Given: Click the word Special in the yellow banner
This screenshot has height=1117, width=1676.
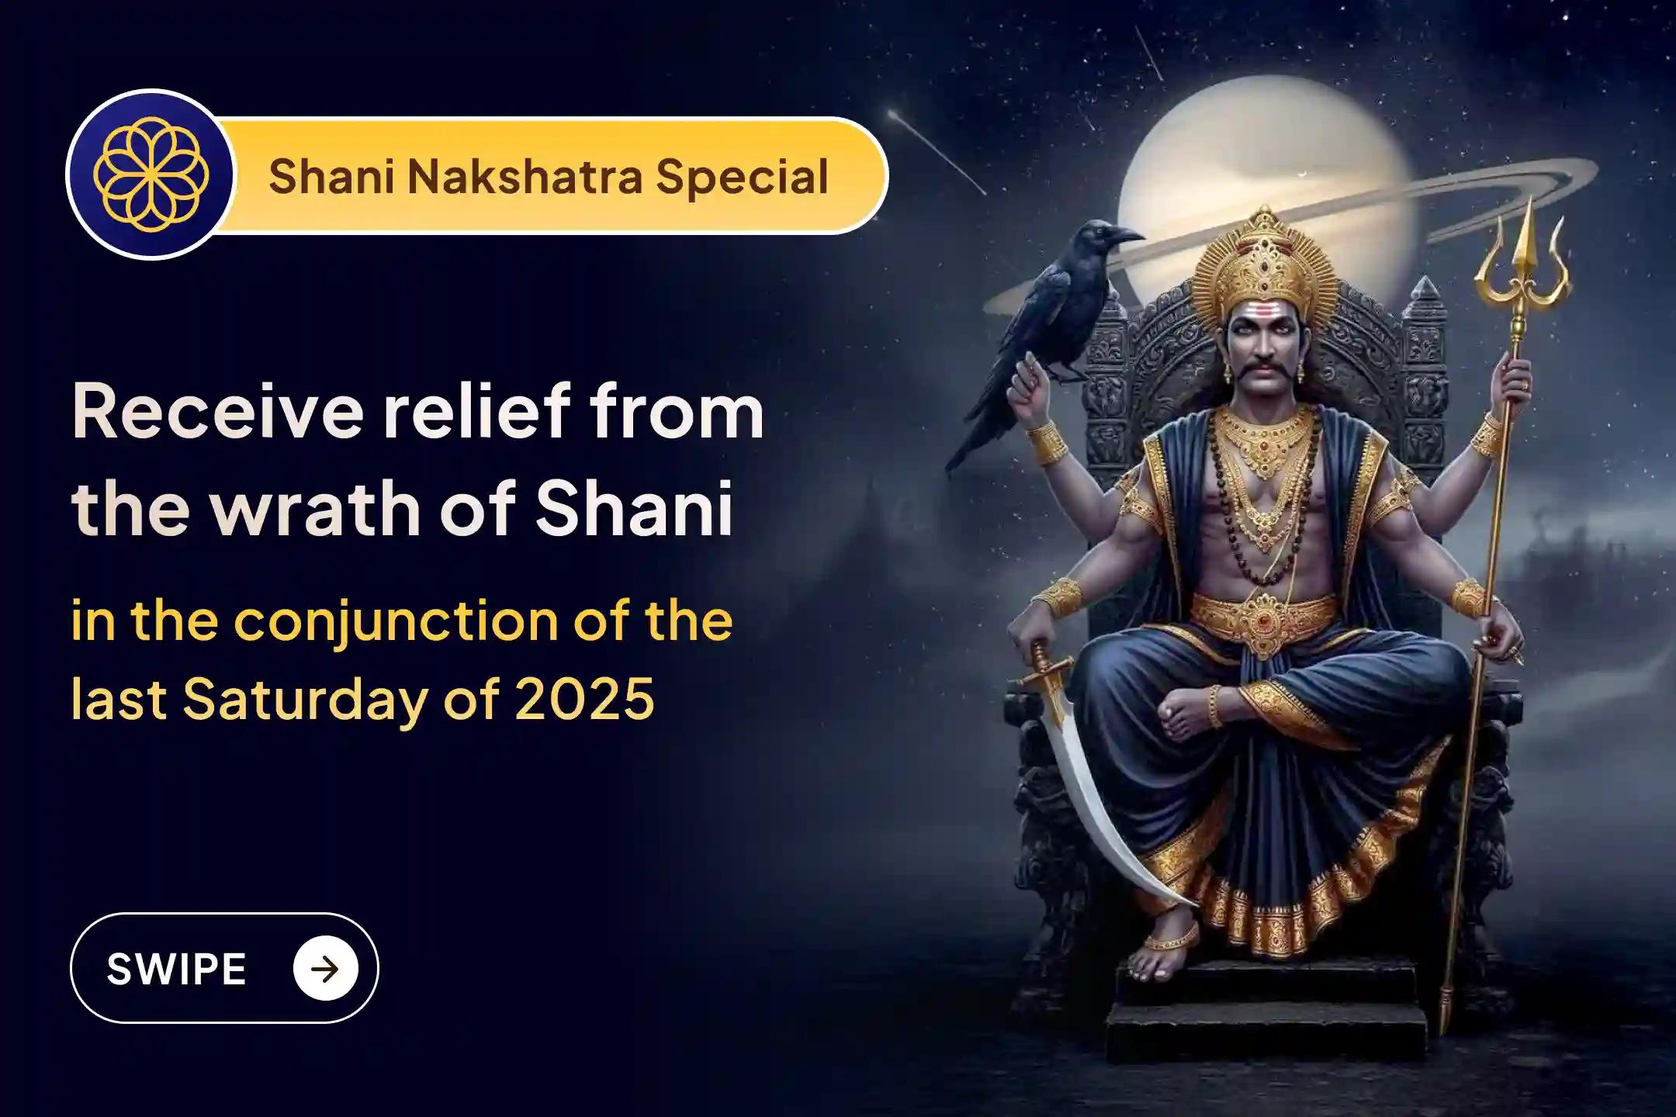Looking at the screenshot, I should pos(742,177).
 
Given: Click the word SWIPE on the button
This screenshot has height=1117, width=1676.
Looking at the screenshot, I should pos(176,969).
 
